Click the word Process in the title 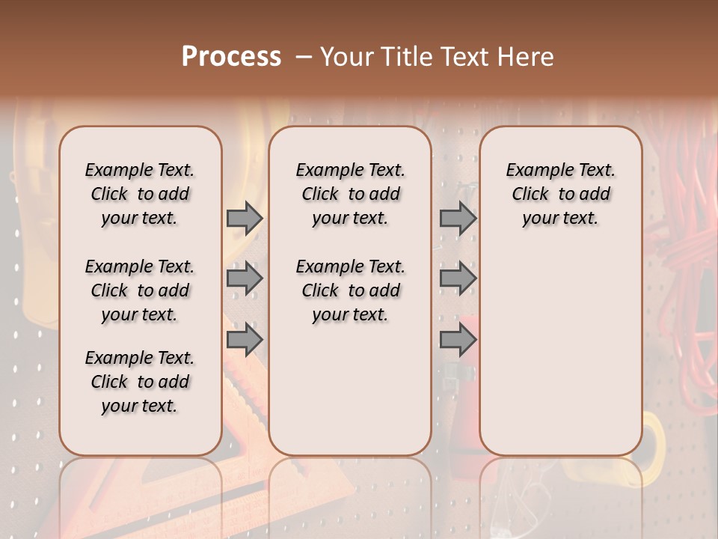[231, 57]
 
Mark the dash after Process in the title [304, 58]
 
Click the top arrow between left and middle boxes [244, 218]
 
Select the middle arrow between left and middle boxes [244, 279]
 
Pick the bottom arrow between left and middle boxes [244, 340]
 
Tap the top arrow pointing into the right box [458, 218]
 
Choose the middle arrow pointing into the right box [458, 279]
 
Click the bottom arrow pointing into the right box [458, 340]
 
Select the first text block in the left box [140, 194]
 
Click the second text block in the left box [140, 290]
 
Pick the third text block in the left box [140, 382]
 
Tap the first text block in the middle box [350, 194]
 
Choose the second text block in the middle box [350, 290]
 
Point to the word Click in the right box [530, 195]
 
